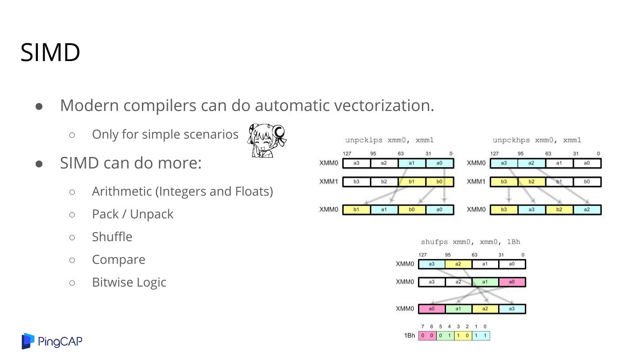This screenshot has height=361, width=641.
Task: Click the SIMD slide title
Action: (x=50, y=53)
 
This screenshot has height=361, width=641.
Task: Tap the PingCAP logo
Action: (x=52, y=341)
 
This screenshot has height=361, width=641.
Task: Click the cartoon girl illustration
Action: (x=267, y=140)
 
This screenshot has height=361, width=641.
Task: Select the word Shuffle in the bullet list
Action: (x=112, y=237)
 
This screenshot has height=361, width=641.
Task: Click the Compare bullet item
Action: (x=118, y=259)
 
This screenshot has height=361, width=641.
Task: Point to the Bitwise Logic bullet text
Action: (x=129, y=282)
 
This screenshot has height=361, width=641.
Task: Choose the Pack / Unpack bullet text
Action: (x=132, y=214)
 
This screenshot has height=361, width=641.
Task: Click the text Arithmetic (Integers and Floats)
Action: (x=182, y=191)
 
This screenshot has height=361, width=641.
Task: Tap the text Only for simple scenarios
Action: (x=165, y=134)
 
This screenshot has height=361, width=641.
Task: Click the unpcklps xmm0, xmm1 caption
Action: (x=389, y=140)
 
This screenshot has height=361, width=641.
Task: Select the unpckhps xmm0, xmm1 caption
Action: (x=536, y=140)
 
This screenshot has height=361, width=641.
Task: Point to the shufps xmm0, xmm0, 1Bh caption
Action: (x=470, y=242)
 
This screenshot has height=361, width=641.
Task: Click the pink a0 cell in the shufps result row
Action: (x=432, y=309)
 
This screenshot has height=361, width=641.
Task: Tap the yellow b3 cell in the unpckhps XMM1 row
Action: (x=503, y=182)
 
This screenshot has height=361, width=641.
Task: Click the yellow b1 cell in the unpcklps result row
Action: (x=357, y=209)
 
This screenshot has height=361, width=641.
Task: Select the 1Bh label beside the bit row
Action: (x=410, y=336)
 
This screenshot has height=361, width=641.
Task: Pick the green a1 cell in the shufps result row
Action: (x=458, y=309)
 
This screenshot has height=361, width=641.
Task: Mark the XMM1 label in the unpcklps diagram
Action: (x=329, y=181)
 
